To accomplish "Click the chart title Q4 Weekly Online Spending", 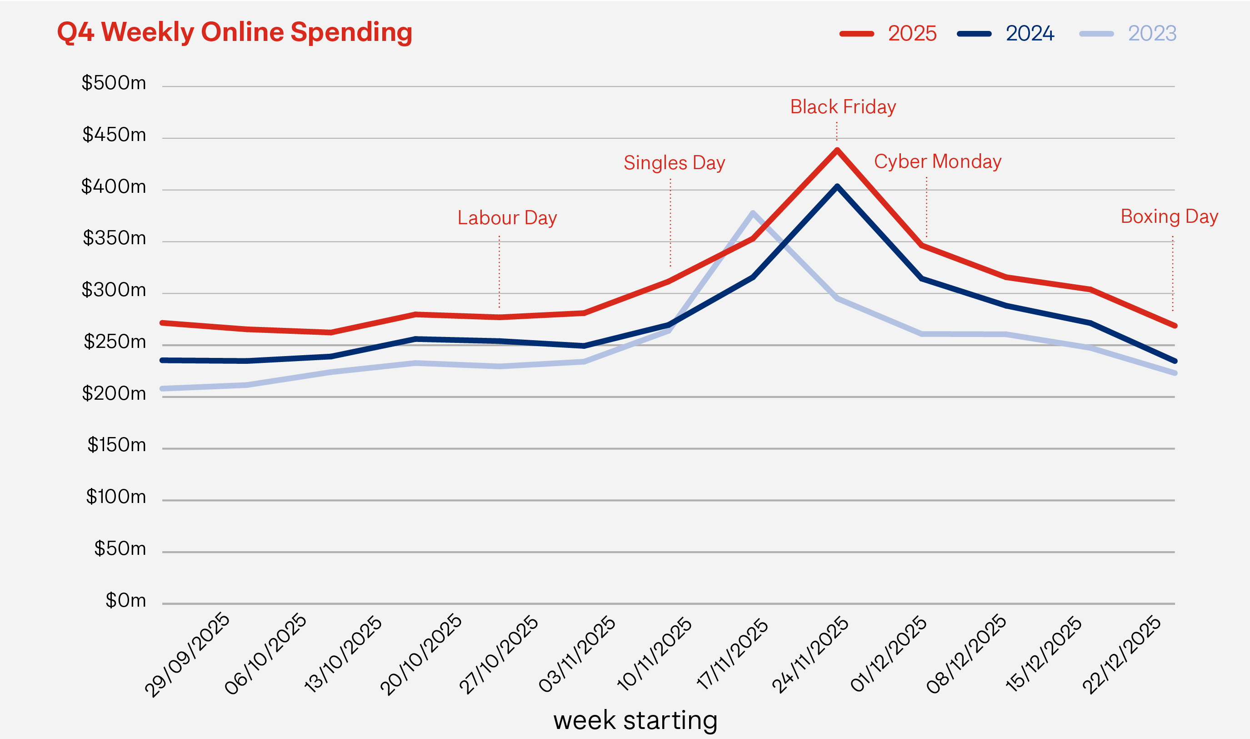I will (x=235, y=32).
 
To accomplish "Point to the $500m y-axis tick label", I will (x=114, y=83).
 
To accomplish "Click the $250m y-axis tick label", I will (x=115, y=342).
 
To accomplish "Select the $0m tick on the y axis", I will (x=125, y=601).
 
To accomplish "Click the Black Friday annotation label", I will (x=843, y=107).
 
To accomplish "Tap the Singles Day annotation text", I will (x=674, y=163).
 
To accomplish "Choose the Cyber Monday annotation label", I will (x=937, y=161).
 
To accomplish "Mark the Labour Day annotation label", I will (x=507, y=218).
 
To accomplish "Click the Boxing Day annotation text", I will (x=1170, y=216).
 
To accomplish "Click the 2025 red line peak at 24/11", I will (x=837, y=150).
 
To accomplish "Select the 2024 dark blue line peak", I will (x=837, y=186).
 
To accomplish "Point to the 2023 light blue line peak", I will (x=753, y=213).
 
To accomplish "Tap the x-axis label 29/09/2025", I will (x=188, y=655).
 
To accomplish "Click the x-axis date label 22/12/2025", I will (x=1122, y=655).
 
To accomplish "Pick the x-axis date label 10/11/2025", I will (x=655, y=654).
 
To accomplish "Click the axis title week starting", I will (x=635, y=720).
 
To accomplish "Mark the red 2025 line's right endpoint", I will (x=1175, y=326).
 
